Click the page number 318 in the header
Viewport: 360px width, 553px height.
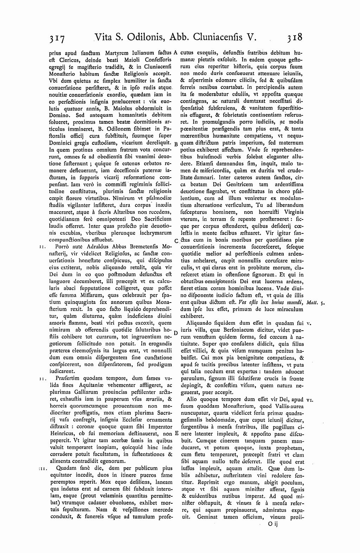pos(294,37)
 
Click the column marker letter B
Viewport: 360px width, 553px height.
pos(176,144)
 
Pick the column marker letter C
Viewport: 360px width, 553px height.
pos(176,240)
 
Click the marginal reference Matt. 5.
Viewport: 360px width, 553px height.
pos(314,302)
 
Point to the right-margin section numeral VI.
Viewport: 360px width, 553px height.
pos(310,400)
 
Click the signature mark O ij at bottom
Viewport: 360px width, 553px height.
pos(272,524)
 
